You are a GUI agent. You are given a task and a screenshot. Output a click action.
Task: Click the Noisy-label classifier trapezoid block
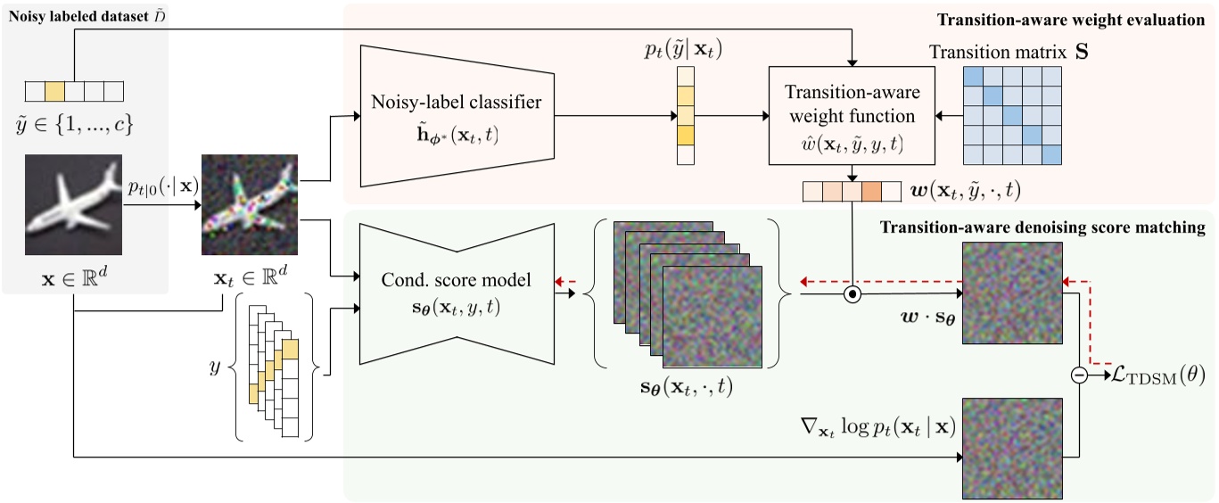458,116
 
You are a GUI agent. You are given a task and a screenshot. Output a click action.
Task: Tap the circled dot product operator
852,292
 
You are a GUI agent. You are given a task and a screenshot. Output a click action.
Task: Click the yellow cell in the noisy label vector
54,90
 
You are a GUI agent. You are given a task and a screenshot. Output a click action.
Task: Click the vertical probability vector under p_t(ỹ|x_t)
684,116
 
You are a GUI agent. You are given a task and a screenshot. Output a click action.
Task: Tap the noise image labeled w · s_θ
1014,292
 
